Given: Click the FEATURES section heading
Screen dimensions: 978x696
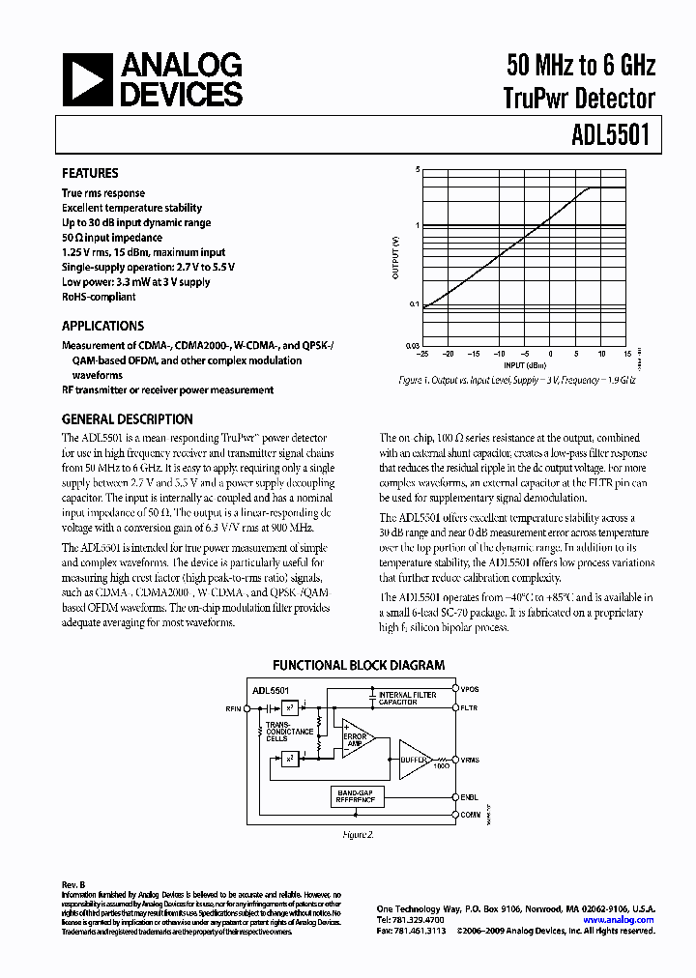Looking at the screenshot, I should click(90, 173).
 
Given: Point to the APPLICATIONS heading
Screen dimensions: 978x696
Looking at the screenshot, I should click(102, 326).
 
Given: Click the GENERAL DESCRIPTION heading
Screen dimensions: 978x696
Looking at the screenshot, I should click(127, 419).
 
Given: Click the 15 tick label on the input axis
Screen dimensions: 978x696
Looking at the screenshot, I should click(626, 354).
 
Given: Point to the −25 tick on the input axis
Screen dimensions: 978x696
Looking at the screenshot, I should click(424, 354).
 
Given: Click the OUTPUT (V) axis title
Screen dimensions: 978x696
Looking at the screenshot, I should click(395, 258).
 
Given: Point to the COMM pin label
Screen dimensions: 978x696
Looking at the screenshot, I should click(471, 815).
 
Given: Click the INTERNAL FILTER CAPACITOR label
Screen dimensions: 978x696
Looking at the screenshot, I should click(407, 698).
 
